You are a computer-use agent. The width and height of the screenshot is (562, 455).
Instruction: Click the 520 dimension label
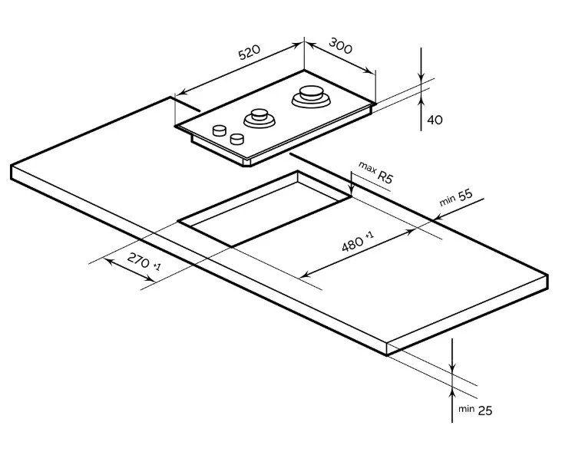(249, 52)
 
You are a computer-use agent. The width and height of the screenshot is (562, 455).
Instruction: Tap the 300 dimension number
(340, 46)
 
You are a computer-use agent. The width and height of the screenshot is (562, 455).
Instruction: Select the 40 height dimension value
(435, 120)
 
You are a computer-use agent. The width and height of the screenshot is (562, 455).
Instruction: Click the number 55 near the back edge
(465, 195)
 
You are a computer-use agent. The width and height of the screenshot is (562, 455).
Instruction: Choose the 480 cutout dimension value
(352, 244)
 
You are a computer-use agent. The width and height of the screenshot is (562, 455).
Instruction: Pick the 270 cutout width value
(138, 260)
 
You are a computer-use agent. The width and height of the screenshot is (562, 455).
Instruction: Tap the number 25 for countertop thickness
(485, 410)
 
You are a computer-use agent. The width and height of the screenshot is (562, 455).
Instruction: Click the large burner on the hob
(311, 96)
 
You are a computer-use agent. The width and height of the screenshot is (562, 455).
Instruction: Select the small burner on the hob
(260, 118)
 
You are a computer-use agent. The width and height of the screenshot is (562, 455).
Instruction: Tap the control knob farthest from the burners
(220, 130)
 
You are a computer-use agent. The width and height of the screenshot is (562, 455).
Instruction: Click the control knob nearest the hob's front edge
(237, 139)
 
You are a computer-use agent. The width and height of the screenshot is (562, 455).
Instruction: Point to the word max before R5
(367, 167)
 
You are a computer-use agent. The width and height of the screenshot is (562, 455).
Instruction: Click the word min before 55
(448, 201)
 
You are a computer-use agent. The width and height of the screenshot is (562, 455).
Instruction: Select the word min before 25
(466, 409)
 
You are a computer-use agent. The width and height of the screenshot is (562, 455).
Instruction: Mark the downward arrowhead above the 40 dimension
(421, 77)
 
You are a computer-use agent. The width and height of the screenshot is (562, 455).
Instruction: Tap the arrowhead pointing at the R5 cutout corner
(352, 190)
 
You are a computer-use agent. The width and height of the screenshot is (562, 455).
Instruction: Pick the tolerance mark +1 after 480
(369, 235)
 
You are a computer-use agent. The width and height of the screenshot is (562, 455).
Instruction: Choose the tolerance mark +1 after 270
(157, 266)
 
